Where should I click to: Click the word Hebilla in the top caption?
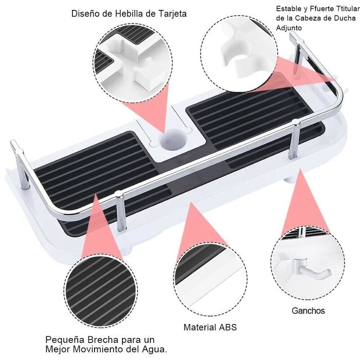tap(129, 13)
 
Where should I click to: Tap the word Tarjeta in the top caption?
tap(172, 14)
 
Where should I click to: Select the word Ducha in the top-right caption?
tap(344, 18)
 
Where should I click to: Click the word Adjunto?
tap(289, 28)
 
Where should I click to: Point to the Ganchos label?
tap(308, 310)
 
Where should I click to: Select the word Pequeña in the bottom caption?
tap(62, 340)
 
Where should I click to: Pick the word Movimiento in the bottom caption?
tap(99, 349)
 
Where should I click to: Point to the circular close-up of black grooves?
tap(100, 290)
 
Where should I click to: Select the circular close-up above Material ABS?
tap(210, 279)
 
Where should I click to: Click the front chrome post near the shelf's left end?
tap(121, 211)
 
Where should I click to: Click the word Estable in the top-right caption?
tap(288, 9)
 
